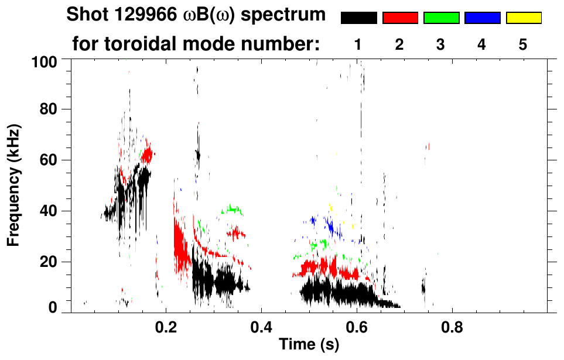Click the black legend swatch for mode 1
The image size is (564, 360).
tap(359, 18)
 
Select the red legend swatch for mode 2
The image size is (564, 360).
tap(400, 18)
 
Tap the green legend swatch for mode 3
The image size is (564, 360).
tap(441, 18)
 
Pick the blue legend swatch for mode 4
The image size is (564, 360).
tap(482, 18)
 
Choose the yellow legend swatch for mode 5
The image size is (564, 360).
tap(523, 18)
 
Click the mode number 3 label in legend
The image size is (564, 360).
tap(441, 44)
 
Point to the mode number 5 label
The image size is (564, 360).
tap(523, 44)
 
